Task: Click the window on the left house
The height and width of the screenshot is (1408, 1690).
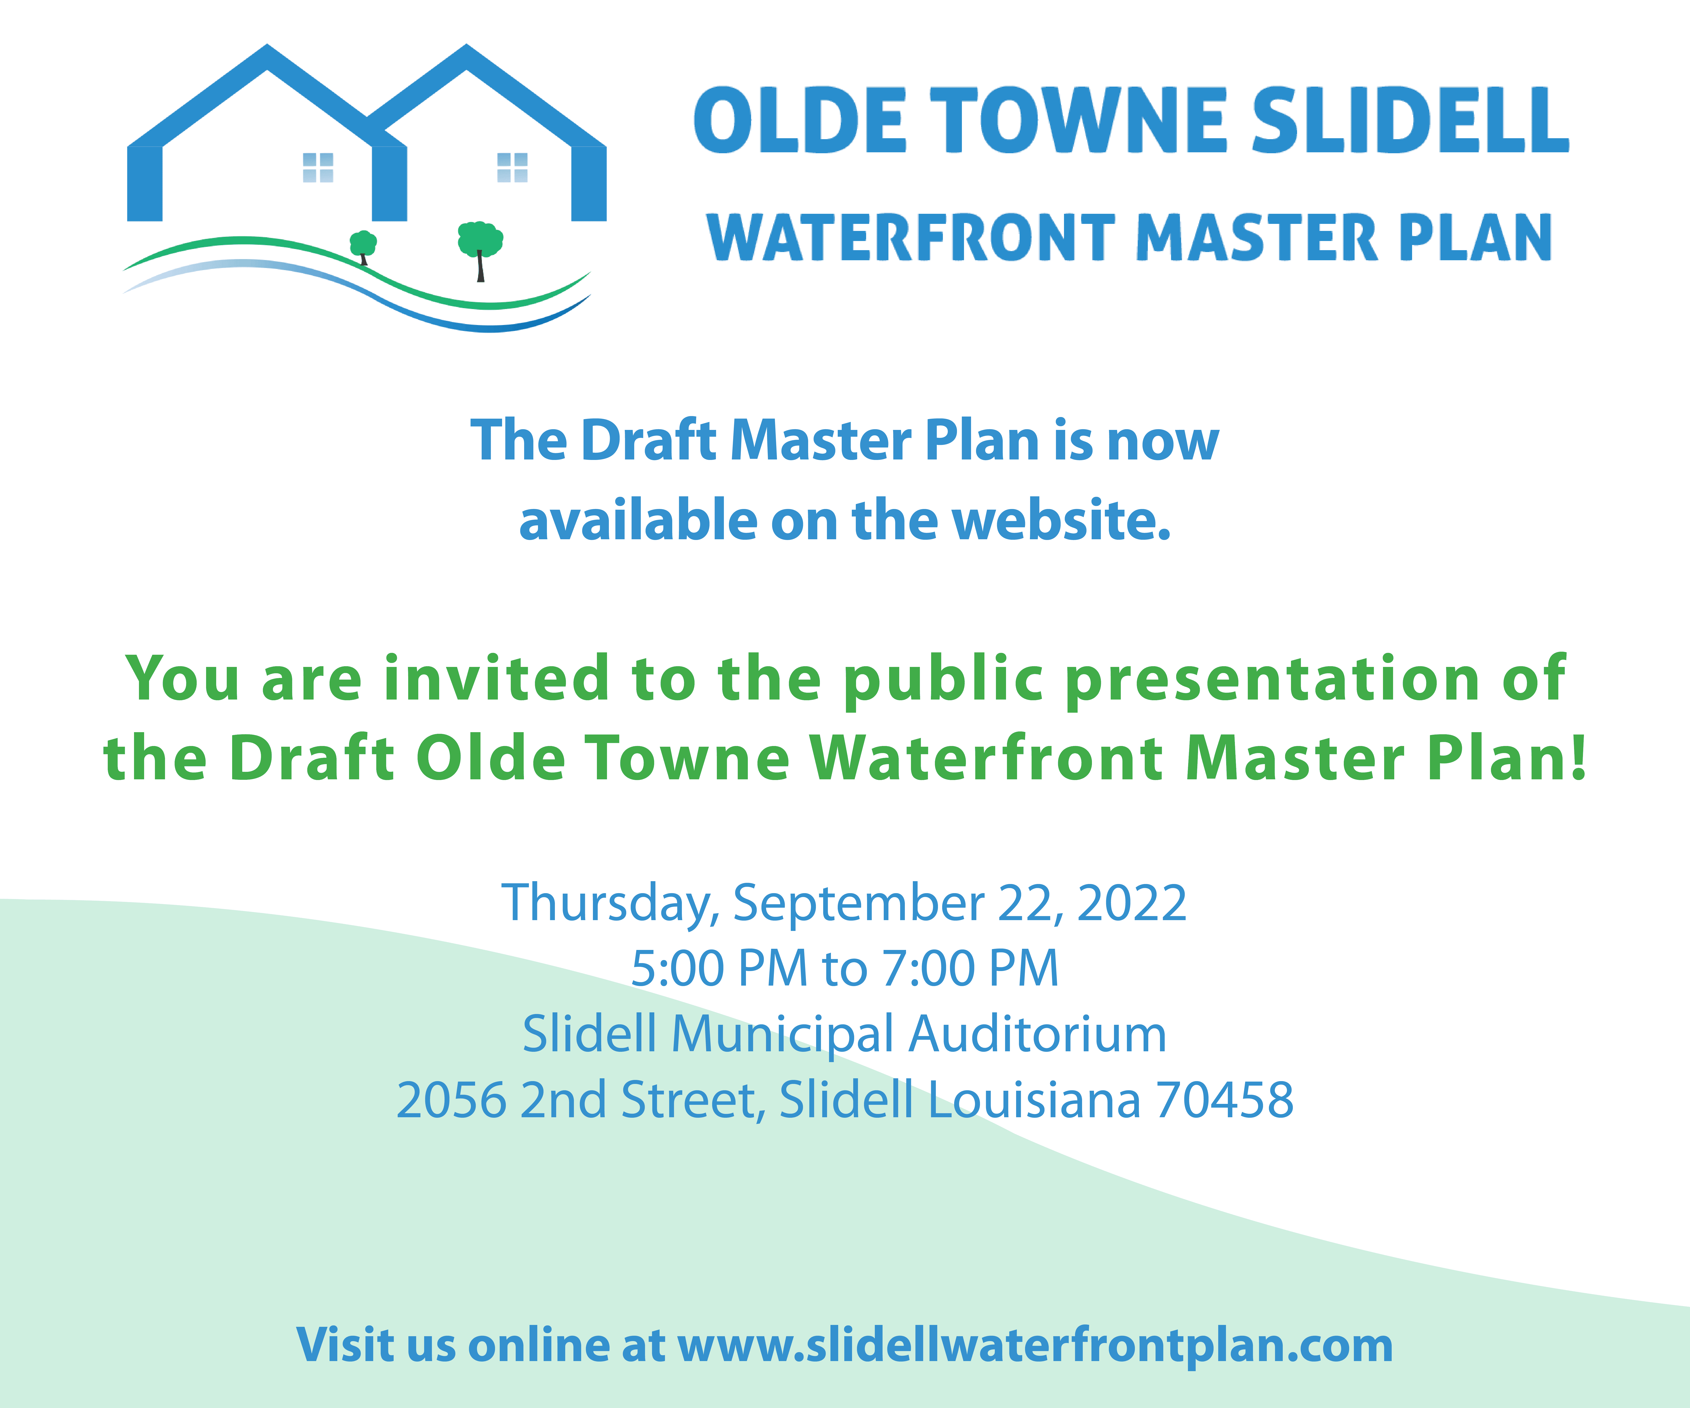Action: pos(318,167)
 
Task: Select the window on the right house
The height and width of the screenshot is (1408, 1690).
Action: pos(513,167)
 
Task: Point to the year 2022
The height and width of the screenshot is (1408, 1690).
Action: pos(1132,903)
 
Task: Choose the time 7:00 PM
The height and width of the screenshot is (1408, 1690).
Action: pos(970,968)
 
